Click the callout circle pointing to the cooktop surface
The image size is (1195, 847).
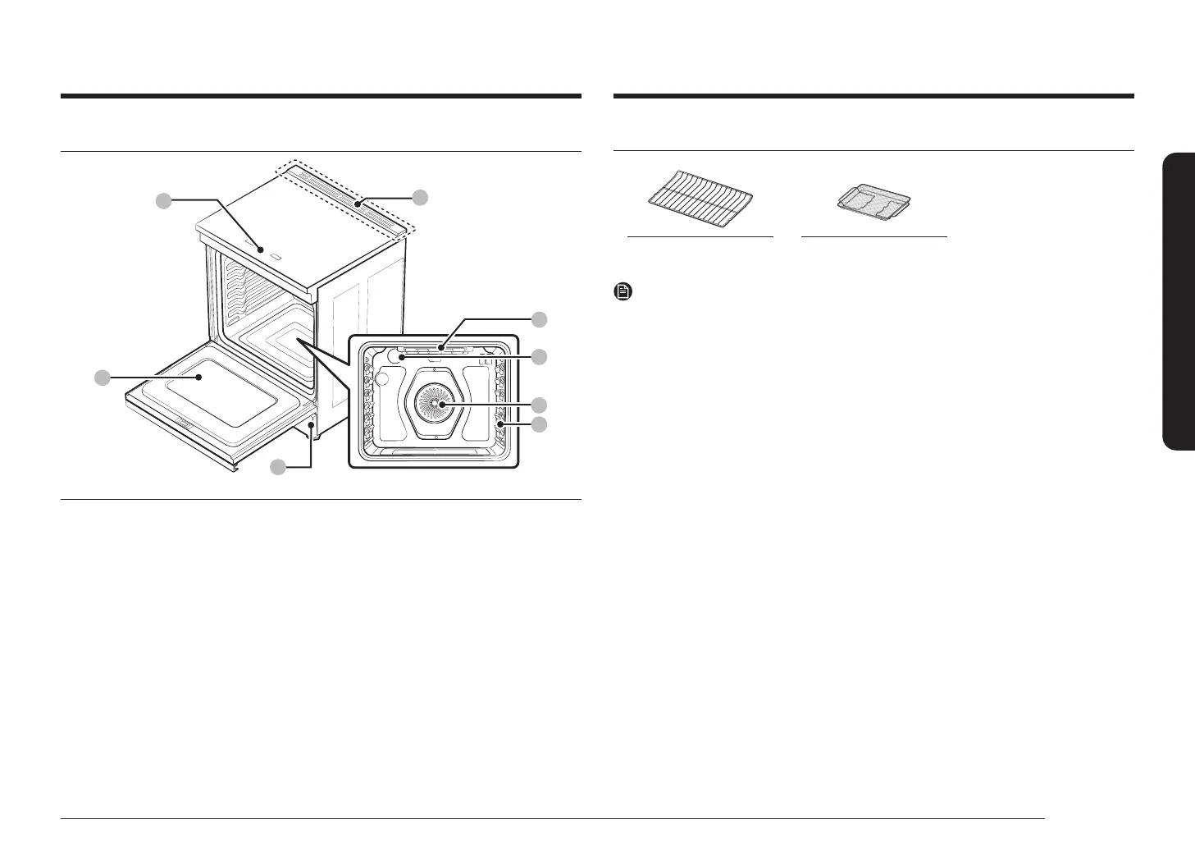(x=164, y=199)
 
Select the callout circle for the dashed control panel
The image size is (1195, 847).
(x=420, y=196)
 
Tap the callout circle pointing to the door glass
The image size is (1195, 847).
(x=101, y=378)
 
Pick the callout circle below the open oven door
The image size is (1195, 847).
(x=279, y=467)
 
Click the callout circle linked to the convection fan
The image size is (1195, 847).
(x=538, y=405)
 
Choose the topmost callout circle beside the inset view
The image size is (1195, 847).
(x=538, y=318)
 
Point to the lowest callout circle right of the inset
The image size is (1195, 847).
(x=538, y=424)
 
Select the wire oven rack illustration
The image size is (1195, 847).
(x=700, y=196)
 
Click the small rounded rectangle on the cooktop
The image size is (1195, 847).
(x=276, y=258)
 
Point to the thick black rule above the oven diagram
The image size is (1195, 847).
(x=321, y=96)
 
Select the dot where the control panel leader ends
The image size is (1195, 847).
(x=358, y=201)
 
